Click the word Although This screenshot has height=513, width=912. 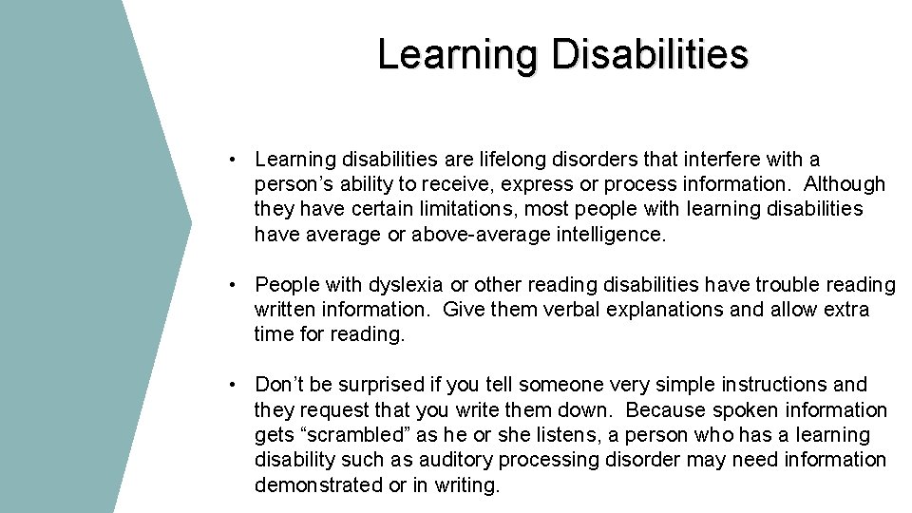tap(845, 184)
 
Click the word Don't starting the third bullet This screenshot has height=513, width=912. tap(281, 385)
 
